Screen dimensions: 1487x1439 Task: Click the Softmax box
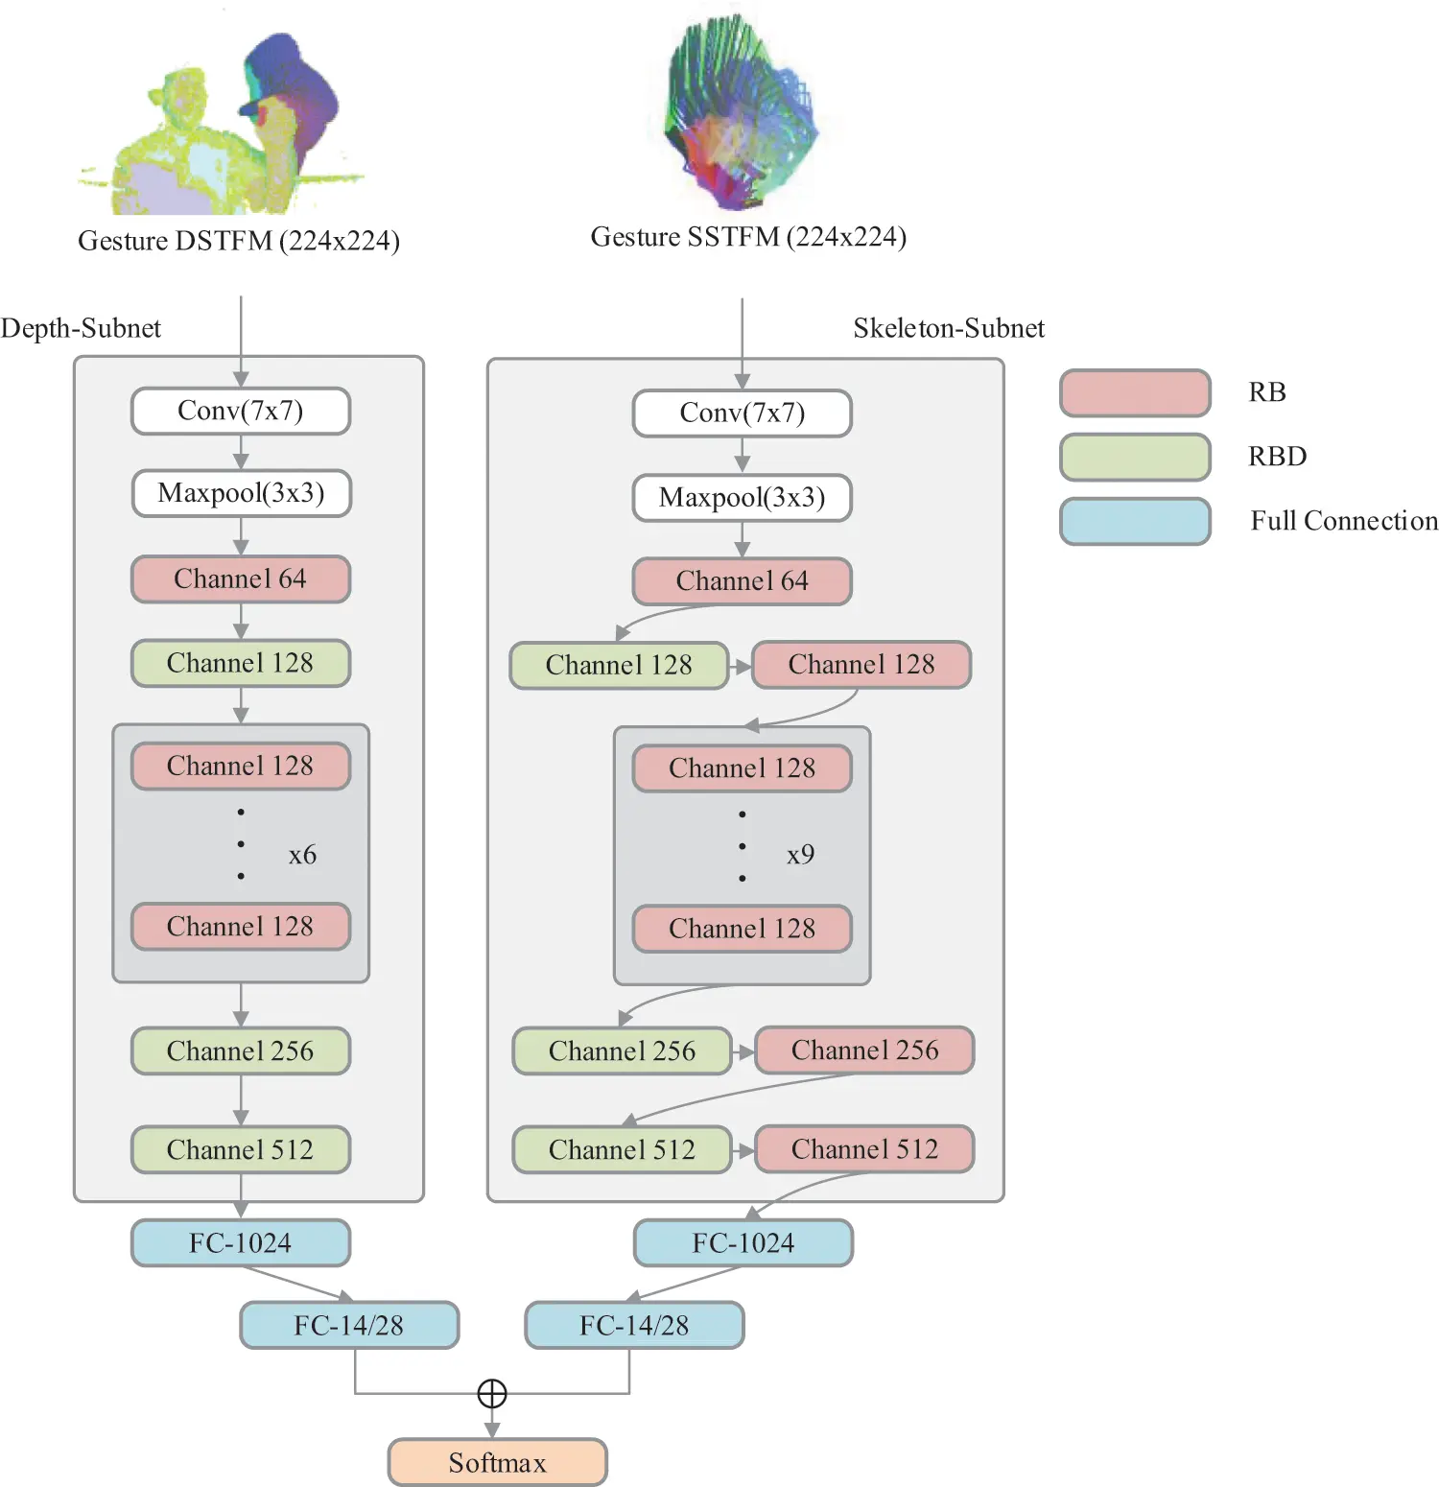tap(497, 1462)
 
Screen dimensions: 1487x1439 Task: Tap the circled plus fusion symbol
tap(492, 1393)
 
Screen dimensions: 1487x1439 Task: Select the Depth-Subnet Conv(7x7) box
tap(241, 412)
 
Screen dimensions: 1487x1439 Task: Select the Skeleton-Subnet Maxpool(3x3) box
tap(742, 498)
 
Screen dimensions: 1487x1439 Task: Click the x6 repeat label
tap(302, 855)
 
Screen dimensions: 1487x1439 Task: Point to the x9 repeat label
tap(800, 855)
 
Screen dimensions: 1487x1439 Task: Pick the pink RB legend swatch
tap(1135, 393)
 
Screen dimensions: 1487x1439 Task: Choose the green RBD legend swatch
tap(1135, 457)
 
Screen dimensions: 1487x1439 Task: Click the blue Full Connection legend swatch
tap(1135, 521)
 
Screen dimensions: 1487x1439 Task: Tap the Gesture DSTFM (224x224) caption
tap(239, 241)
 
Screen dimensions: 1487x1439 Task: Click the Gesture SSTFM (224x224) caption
tap(748, 237)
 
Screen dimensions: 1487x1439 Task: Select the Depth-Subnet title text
tap(81, 328)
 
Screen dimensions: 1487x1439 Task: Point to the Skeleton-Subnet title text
tap(948, 328)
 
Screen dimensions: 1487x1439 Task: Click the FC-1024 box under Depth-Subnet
tap(241, 1243)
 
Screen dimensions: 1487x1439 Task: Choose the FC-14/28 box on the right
tap(634, 1325)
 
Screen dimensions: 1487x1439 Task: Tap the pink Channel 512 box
tap(864, 1149)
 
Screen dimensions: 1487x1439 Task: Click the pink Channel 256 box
tap(864, 1050)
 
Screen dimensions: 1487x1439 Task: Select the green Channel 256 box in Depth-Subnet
tap(241, 1051)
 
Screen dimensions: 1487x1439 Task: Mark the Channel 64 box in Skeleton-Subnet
tap(742, 581)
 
